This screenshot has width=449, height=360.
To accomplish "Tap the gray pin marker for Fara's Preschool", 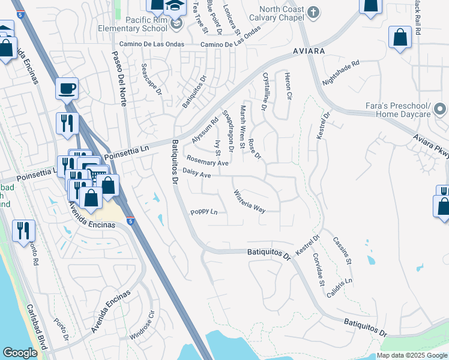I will tap(440, 109).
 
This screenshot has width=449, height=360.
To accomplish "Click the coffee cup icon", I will tap(67, 89).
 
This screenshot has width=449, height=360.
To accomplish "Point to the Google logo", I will tap(20, 353).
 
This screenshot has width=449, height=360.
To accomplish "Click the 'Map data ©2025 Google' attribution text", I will tap(412, 355).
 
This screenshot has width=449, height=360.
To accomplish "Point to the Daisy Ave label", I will tap(196, 175).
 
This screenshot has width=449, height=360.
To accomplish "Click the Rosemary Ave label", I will tap(207, 161).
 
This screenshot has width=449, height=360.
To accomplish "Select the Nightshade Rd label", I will tap(340, 71).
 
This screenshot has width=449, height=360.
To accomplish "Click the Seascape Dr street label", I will tap(151, 80).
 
